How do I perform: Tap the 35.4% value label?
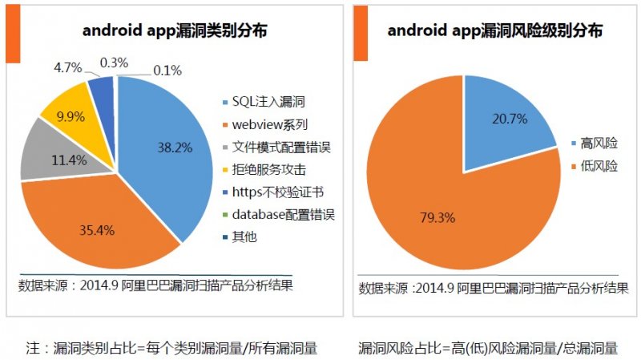(x=98, y=229)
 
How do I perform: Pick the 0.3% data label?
(x=115, y=61)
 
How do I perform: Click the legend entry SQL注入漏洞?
(x=268, y=102)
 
